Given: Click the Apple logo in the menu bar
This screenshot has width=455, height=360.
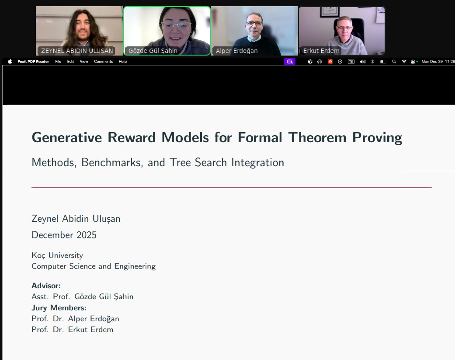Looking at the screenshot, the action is [10, 62].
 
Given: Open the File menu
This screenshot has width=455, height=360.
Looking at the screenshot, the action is [58, 62].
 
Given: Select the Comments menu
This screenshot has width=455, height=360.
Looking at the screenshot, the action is [103, 62].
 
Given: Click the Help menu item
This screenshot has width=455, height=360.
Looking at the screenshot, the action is [123, 62].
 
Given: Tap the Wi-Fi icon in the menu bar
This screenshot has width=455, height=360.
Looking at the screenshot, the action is [403, 62].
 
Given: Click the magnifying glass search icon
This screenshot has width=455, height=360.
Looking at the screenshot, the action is [394, 62].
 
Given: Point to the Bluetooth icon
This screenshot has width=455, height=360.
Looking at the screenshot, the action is [372, 62].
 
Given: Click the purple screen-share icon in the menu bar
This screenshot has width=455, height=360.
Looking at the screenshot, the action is [289, 62].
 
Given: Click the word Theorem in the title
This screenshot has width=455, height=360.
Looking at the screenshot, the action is [317, 137].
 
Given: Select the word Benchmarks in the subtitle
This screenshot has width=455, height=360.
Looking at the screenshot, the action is [112, 162].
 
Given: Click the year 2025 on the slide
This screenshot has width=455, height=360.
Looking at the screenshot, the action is [87, 235].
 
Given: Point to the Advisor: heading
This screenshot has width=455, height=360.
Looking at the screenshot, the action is [46, 286].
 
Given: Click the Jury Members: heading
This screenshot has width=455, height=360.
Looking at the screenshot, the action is [59, 308].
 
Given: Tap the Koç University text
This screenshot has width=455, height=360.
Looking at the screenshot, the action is [57, 255].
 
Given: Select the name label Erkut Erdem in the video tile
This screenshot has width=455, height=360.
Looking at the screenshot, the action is [321, 51].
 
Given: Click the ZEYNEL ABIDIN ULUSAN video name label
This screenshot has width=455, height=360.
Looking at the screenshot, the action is [77, 51].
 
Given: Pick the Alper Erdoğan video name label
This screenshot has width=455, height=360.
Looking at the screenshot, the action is [236, 51].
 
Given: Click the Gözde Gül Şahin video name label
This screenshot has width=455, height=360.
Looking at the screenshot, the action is [153, 51].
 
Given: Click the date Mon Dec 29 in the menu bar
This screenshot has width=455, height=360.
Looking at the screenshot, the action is [432, 62].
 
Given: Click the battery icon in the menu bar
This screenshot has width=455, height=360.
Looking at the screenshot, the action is [383, 62].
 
